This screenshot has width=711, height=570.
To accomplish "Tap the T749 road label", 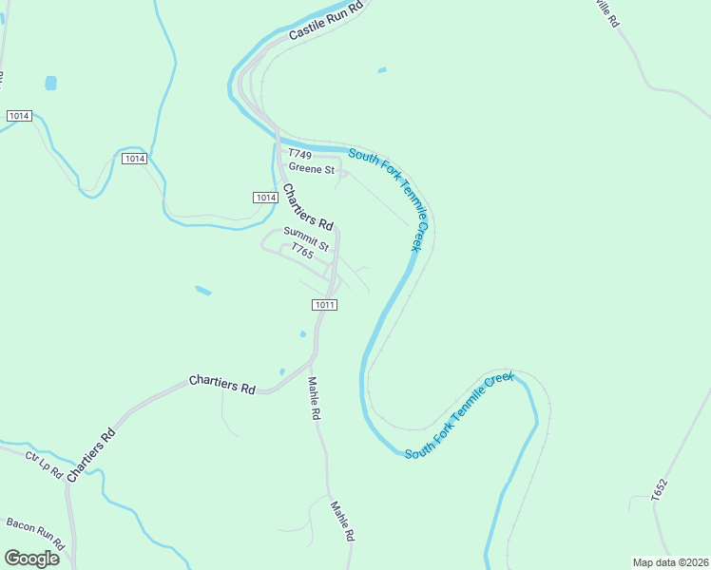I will (300, 155).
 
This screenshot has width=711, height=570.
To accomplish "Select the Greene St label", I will (313, 170).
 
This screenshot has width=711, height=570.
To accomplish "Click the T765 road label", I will (302, 253).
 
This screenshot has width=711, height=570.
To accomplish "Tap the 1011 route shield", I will (324, 304).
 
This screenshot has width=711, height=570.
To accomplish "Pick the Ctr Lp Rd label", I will (44, 465).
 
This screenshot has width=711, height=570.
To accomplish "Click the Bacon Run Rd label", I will (34, 534).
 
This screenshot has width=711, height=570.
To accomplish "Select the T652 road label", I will (661, 490).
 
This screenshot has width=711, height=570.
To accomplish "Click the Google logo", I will (31, 558).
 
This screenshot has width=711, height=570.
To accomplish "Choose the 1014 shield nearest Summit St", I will (265, 197).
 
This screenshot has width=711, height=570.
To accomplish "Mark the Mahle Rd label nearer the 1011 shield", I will (315, 399).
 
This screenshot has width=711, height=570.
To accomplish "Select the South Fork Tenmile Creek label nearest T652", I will (459, 415).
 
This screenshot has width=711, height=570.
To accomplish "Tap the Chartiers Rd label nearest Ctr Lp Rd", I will (91, 449).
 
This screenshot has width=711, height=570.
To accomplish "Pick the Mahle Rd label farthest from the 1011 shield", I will (342, 521).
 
